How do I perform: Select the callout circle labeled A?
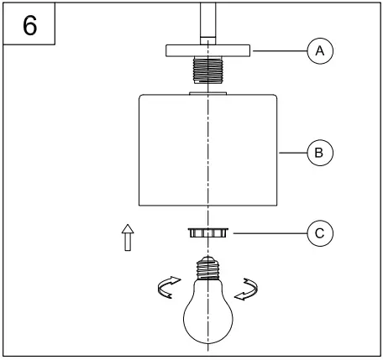tap(318, 51)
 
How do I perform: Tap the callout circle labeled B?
tap(318, 153)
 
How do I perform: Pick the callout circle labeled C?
tap(318, 232)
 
